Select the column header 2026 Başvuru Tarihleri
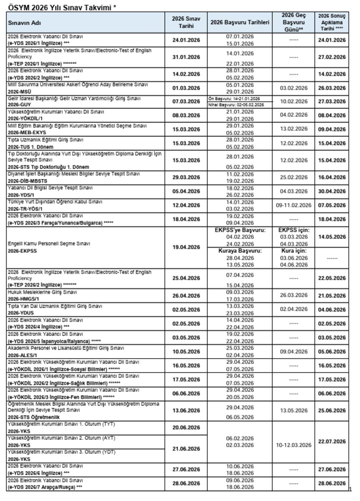tap(240, 23)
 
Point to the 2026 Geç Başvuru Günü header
tap(293, 22)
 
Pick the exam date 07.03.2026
tap(186, 101)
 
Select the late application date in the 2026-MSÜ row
tap(293, 88)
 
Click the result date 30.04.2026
tap(332, 191)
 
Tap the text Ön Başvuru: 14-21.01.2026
tap(234, 99)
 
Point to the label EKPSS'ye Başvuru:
tap(240, 230)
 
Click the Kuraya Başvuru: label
tap(240, 251)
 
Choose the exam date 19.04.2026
tap(186, 247)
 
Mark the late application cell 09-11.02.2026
tap(293, 205)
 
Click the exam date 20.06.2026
tap(186, 428)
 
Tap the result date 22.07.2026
tap(332, 442)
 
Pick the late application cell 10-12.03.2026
tap(293, 445)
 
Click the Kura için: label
tap(293, 251)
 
